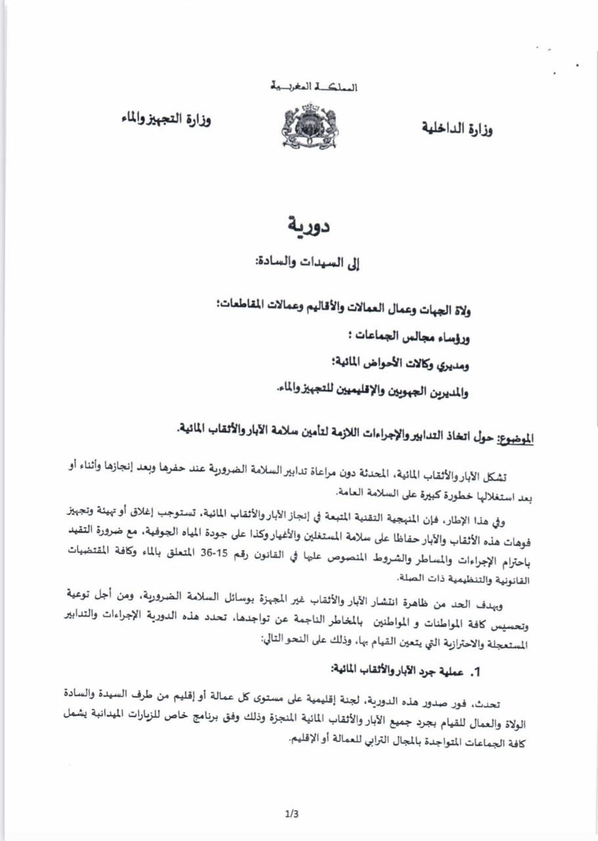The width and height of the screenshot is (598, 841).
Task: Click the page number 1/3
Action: click(292, 815)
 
